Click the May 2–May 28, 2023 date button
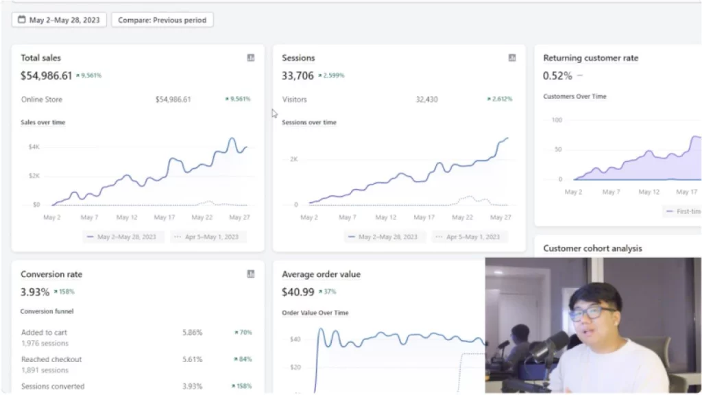coord(59,20)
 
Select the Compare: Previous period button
coord(162,20)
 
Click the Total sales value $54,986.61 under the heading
coord(46,75)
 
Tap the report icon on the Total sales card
coord(251,58)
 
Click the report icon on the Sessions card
coord(512,58)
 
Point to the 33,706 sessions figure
coord(298,75)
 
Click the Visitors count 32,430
coord(427,99)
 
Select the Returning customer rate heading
coord(590,58)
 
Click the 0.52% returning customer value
coord(557,75)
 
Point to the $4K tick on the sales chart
coord(34,147)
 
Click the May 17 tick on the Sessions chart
coord(424,217)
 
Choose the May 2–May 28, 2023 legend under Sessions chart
coord(383,237)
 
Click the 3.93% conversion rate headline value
coord(35,292)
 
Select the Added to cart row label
coord(44,333)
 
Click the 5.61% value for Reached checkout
coord(192,359)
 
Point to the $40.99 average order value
coord(298,292)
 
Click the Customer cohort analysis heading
coord(592,248)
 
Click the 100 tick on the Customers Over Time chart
coord(557,120)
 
